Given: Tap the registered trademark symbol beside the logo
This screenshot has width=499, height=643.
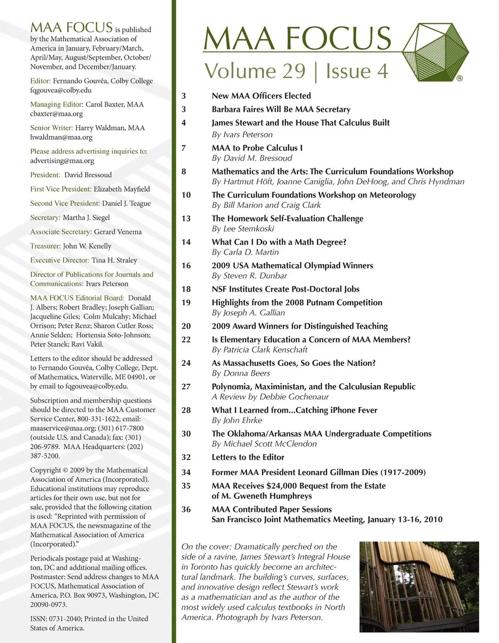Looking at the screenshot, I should (459, 78).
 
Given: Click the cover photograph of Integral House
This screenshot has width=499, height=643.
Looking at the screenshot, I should (419, 587).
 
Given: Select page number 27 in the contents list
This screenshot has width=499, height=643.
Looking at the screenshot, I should (186, 387).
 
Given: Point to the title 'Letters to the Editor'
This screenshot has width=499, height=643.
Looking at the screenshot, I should (248, 457).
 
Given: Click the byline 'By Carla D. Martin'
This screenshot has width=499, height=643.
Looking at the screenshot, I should (245, 252).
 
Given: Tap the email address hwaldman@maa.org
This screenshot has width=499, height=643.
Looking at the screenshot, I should (61, 137).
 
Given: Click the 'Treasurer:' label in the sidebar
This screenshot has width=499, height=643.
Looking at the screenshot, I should (45, 246).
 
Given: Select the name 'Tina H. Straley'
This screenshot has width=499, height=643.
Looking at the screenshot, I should (114, 260).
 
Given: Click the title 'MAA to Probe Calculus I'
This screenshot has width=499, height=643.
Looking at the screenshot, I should (257, 148).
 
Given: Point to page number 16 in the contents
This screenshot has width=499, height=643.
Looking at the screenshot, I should (186, 266).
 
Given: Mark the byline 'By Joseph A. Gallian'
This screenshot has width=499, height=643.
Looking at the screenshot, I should (248, 312).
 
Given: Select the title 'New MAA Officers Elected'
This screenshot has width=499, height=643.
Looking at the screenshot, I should (261, 96).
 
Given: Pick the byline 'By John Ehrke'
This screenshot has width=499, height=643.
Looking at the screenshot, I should (237, 420).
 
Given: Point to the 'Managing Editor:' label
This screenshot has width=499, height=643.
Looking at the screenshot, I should (57, 104).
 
